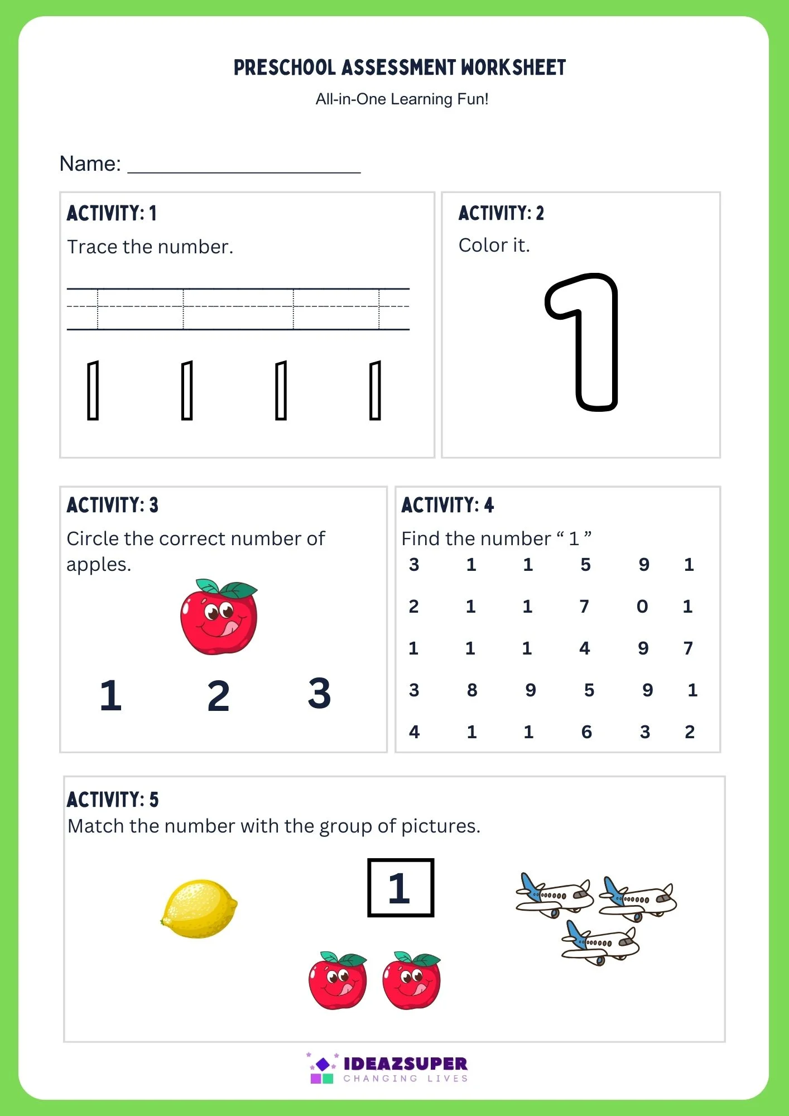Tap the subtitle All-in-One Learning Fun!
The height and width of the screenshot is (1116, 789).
(x=402, y=99)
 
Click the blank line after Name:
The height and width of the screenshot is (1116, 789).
(x=244, y=167)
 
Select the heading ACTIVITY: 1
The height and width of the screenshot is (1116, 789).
(x=112, y=213)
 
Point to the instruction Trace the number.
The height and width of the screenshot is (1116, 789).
(x=150, y=247)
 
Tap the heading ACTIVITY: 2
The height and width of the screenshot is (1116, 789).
(x=501, y=213)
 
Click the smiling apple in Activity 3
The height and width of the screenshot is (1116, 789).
(x=219, y=617)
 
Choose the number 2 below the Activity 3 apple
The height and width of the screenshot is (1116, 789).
(x=218, y=696)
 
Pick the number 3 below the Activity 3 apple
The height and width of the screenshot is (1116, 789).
(x=319, y=694)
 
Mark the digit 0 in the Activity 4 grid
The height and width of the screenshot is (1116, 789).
(x=642, y=607)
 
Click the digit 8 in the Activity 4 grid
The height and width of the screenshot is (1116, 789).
(x=472, y=690)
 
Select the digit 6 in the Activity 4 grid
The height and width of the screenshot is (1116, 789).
(x=586, y=732)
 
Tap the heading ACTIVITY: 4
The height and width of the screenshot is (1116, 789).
(x=448, y=505)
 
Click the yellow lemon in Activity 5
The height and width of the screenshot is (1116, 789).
(x=199, y=908)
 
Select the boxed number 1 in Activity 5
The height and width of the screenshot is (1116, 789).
(x=400, y=888)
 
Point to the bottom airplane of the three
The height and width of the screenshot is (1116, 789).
(x=600, y=942)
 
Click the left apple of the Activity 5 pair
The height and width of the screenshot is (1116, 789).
(x=338, y=981)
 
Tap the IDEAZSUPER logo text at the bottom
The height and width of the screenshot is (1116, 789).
(x=405, y=1064)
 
